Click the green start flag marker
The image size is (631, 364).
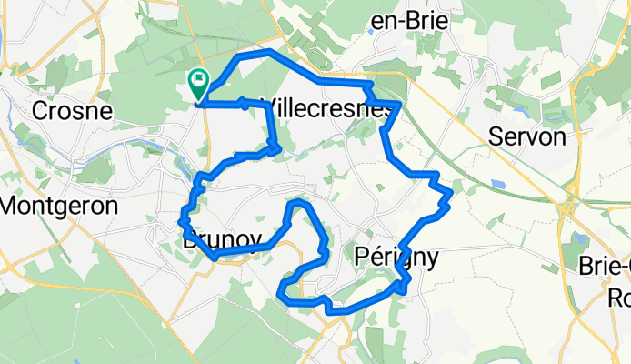click(x=198, y=85)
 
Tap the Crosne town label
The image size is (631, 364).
click(x=72, y=111)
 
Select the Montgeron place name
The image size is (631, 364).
click(x=59, y=206)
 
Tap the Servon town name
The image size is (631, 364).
click(x=527, y=136)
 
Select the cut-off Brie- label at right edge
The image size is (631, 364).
click(x=606, y=266)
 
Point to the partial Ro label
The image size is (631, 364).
click(x=619, y=298)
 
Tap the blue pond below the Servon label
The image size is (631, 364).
click(x=498, y=184)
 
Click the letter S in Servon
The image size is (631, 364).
click(x=496, y=136)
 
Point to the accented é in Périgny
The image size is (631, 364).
click(x=373, y=258)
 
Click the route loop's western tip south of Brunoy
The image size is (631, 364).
click(x=279, y=293)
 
